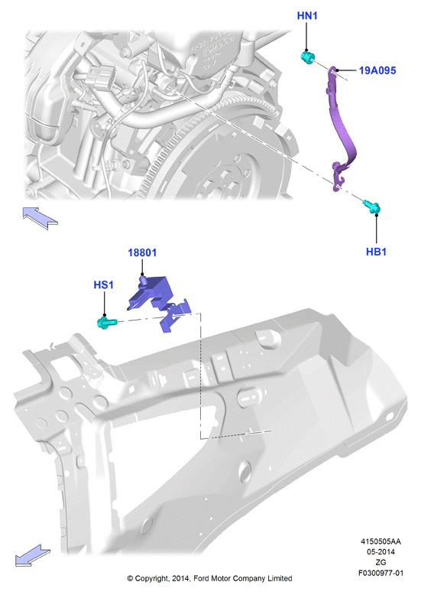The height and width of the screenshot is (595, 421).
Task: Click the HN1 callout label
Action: pyautogui.click(x=307, y=15)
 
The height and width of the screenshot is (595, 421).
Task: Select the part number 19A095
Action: pyautogui.click(x=377, y=70)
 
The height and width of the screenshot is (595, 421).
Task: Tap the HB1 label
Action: pyautogui.click(x=376, y=252)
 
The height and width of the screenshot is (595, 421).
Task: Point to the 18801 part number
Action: pyautogui.click(x=142, y=252)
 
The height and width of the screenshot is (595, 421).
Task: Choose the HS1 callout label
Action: pyautogui.click(x=104, y=284)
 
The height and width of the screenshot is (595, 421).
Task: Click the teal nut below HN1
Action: pyautogui.click(x=308, y=57)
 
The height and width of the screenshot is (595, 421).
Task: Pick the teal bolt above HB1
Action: pyautogui.click(x=371, y=206)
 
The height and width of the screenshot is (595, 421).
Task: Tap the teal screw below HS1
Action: pyautogui.click(x=105, y=323)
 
